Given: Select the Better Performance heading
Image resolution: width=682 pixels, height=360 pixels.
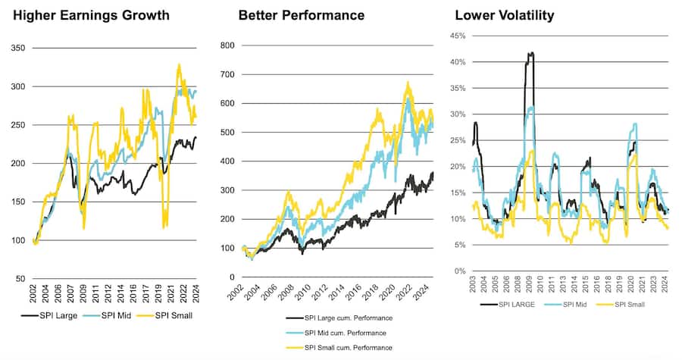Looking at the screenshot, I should pos(301,15).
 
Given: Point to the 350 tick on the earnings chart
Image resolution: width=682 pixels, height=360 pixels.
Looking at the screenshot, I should pos(16,48).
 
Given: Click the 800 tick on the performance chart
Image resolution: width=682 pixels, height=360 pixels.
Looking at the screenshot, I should pos(227,45).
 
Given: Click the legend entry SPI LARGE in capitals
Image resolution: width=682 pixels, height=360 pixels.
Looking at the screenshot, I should pos(515,305).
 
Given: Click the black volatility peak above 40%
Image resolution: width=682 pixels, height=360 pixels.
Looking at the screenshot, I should pos(530,53).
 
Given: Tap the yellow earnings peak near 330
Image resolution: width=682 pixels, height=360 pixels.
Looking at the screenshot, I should pos(180,64).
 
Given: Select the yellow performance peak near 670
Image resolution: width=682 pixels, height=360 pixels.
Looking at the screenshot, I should pos(408,83).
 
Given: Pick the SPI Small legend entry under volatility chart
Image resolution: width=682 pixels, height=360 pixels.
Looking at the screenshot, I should pos(628,305).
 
